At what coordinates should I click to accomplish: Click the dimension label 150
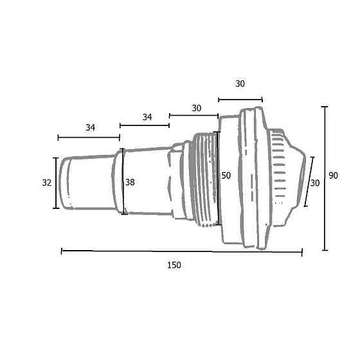pos(174,265)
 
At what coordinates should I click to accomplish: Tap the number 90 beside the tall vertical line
pos(334,175)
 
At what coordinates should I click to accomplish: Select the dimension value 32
pos(46,183)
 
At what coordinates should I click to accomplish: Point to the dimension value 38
pos(130,183)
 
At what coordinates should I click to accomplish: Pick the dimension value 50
pos(226,175)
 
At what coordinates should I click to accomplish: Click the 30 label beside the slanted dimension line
pos(315,183)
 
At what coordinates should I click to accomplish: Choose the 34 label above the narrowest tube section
pos(90,127)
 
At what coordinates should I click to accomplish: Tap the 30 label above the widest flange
pos(240,84)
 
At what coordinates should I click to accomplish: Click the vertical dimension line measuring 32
pos(56,183)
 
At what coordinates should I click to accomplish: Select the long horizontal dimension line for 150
pos(181,251)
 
